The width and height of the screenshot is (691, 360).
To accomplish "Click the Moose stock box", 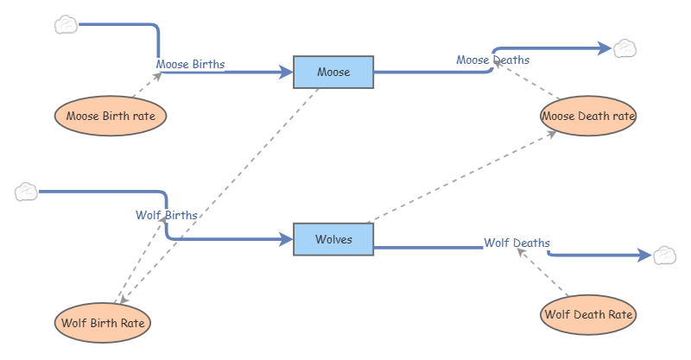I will point(333,72).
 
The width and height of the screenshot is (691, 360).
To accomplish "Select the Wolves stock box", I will point(333,239).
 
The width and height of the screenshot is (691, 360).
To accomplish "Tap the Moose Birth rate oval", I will point(111,116).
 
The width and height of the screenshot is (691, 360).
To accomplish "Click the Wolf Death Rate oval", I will point(588,314).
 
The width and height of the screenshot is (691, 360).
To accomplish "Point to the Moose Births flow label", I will point(190,64).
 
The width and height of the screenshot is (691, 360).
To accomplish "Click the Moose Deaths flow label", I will point(492,60).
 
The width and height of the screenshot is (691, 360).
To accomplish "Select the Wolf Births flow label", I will point(167,215).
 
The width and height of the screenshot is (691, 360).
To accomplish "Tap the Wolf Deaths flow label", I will point(517,243).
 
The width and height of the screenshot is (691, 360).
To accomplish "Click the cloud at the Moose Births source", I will point(66,24).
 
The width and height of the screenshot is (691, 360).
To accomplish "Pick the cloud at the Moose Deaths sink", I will point(624,48).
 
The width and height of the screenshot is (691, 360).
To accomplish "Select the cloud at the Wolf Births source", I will point(27,191).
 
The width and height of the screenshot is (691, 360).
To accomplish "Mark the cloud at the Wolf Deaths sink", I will point(663,255).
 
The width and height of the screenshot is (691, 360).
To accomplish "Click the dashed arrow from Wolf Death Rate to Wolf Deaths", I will point(547,276).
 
